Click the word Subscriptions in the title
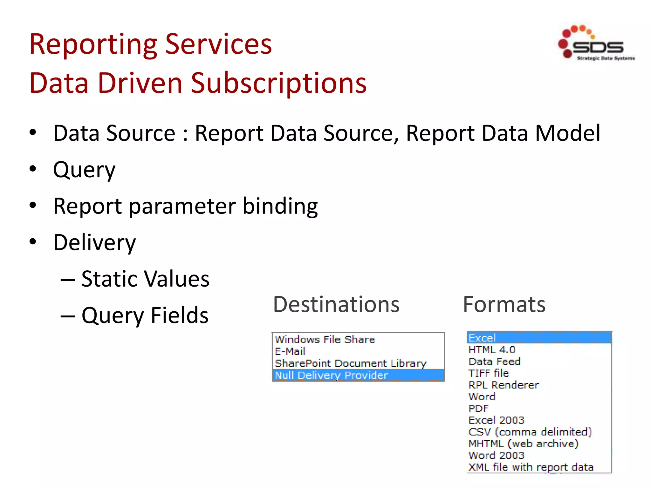tap(279, 83)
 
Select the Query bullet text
tap(84, 170)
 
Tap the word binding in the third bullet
tap(280, 206)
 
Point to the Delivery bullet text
tap(94, 243)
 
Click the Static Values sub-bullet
tap(145, 279)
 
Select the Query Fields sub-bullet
tap(145, 315)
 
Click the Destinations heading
tap(336, 304)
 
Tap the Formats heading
tap(504, 304)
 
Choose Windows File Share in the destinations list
tap(325, 340)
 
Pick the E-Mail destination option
tap(290, 351)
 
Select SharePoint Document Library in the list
tap(350, 363)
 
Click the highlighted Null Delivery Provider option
tap(331, 375)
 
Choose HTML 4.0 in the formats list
tap(492, 350)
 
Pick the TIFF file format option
tap(489, 373)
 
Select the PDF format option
tap(478, 409)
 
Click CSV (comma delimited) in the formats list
tap(530, 432)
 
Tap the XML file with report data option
tap(531, 467)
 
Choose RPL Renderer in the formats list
tap(504, 385)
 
